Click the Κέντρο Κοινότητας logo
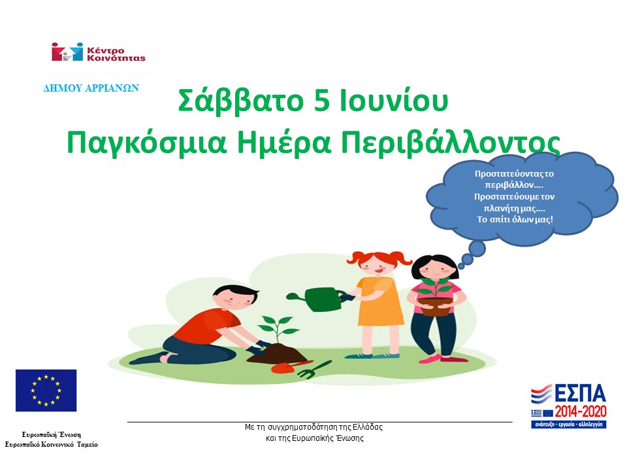pyautogui.click(x=99, y=52)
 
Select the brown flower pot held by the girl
pyautogui.click(x=435, y=305)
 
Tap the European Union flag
pyautogui.click(x=46, y=391)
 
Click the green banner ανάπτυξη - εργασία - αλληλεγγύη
pyautogui.click(x=568, y=424)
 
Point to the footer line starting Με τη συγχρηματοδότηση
pyautogui.click(x=313, y=427)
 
